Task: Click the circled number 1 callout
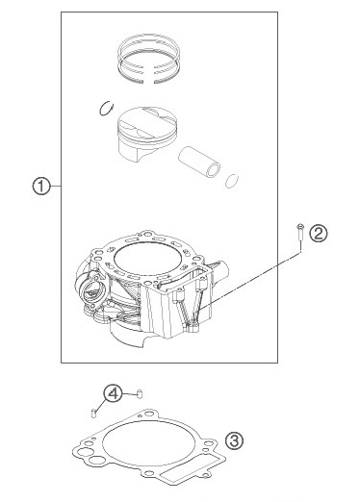click(x=40, y=188)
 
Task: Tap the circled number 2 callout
click(x=320, y=231)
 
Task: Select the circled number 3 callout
click(x=234, y=440)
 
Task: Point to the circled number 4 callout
click(x=113, y=393)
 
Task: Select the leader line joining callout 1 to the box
click(x=56, y=188)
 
